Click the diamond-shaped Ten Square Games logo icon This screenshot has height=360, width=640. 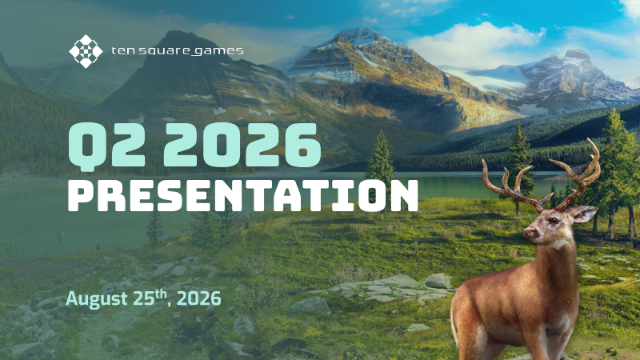[86, 51]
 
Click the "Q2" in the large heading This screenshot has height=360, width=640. [107, 145]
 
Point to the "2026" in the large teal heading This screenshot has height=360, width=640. [242, 145]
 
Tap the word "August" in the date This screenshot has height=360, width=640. [97, 298]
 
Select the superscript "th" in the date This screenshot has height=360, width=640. [161, 294]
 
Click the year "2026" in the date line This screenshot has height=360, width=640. [199, 298]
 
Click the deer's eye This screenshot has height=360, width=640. [553, 221]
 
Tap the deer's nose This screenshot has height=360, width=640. [530, 233]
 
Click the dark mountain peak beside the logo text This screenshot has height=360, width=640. [178, 38]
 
